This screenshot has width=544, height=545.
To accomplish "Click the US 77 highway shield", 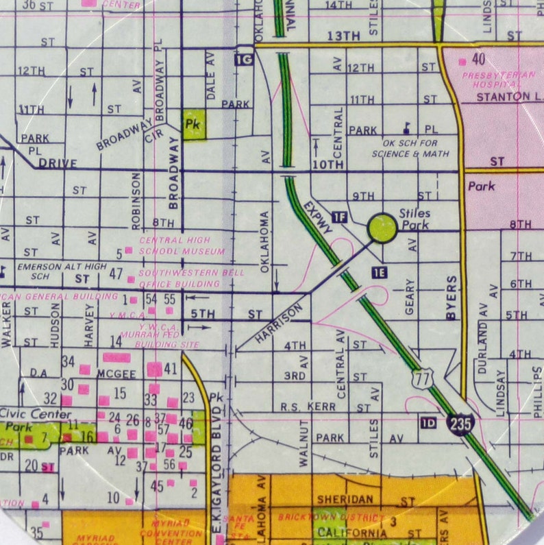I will point(423,377).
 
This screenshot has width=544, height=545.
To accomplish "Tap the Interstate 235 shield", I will point(460,424).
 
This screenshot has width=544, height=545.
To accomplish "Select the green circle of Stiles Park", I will point(382,228).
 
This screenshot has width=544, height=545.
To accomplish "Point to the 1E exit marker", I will point(380,272).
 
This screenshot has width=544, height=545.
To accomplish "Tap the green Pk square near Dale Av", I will point(194,124).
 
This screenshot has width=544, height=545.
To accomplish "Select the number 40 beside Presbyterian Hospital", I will point(478,59).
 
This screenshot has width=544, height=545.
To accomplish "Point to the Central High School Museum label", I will point(182,245).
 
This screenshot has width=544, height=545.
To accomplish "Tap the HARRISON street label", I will point(278,324).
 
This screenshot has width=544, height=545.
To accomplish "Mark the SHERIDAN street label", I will point(344,500).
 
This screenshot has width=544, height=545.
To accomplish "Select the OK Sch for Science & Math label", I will point(410,149).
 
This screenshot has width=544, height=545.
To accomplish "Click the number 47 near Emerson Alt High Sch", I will point(116,274).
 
